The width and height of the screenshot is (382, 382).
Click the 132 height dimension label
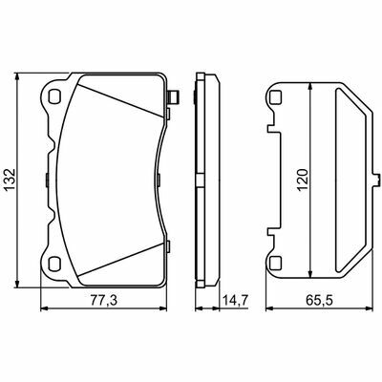(11, 180)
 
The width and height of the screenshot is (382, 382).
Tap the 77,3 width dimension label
(104, 300)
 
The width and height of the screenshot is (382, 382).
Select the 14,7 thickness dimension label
(235, 300)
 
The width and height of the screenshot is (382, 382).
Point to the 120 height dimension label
(304, 180)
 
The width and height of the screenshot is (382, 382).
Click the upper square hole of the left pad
(54, 96)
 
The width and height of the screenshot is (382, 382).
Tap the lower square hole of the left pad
(54, 263)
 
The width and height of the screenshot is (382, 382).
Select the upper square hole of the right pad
(275, 96)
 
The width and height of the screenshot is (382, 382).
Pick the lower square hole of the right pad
(275, 263)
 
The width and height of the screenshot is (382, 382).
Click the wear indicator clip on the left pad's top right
(173, 96)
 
